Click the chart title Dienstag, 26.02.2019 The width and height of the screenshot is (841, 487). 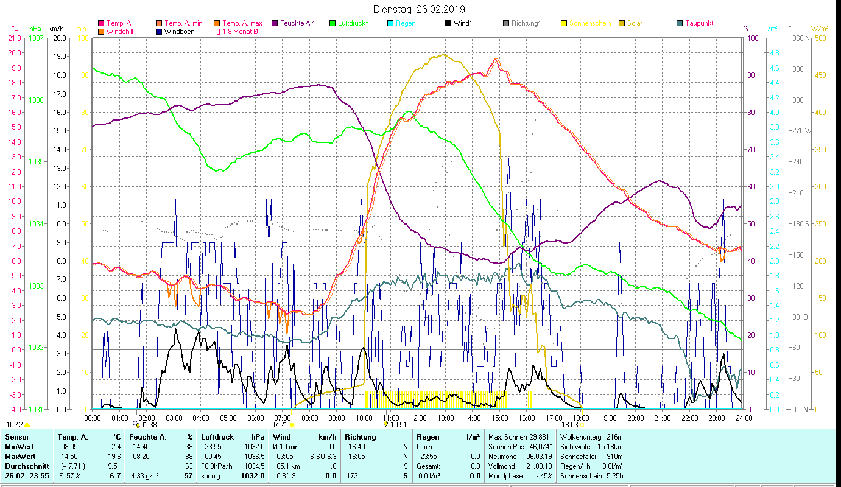pos(419,9)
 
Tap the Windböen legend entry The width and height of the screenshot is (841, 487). pos(180,31)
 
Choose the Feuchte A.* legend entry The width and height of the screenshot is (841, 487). pos(297,23)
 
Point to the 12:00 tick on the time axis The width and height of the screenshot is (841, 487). pos(418,418)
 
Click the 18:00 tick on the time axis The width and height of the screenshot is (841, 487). pos(581,418)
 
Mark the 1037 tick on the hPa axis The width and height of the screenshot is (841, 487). pos(36,38)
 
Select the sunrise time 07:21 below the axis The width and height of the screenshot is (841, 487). pos(279,425)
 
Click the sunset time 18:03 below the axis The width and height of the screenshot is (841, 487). pos(569,425)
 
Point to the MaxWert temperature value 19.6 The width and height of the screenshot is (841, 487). pos(114,456)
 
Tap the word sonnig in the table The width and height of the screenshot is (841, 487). pos(212,475)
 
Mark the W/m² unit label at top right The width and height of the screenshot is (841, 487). pos(819,28)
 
